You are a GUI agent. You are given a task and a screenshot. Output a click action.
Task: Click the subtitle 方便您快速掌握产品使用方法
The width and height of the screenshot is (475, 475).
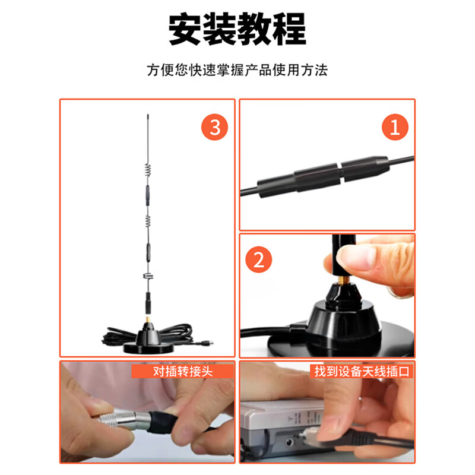[237, 70]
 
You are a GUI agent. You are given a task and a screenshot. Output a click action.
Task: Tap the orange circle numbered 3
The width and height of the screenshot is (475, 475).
[214, 127]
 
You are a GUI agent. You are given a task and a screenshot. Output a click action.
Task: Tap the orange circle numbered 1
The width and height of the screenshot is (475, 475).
[395, 127]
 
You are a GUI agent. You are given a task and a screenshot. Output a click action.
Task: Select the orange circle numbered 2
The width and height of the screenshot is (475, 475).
[259, 259]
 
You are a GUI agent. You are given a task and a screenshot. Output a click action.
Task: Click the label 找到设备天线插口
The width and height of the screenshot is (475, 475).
[362, 372]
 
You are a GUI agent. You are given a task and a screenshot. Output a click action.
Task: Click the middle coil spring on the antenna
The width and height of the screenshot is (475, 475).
[147, 224]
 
